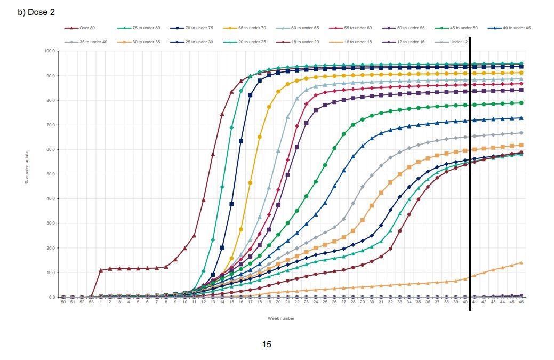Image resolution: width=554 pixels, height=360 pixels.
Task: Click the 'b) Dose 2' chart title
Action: (x=36, y=12)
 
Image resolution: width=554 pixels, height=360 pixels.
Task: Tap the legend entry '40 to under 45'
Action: (x=517, y=28)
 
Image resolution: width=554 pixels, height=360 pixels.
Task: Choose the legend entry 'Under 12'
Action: (x=459, y=42)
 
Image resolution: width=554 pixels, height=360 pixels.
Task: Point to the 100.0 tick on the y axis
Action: (x=50, y=51)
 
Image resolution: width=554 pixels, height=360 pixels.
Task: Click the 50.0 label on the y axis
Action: (x=50, y=174)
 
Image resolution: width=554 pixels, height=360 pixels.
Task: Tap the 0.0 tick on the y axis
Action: (x=51, y=297)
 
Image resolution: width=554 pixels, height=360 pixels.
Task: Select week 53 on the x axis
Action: (x=91, y=302)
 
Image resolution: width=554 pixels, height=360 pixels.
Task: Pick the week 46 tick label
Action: (x=521, y=302)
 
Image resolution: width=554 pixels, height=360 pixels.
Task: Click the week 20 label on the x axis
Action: (x=278, y=302)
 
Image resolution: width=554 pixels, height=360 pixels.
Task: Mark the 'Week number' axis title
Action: (x=281, y=318)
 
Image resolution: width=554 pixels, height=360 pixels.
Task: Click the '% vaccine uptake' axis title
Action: (x=26, y=167)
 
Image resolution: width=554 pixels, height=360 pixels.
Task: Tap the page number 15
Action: (x=267, y=345)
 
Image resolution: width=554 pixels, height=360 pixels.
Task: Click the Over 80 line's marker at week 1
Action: (x=101, y=270)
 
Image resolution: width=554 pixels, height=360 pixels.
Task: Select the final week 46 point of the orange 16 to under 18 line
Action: (x=521, y=262)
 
